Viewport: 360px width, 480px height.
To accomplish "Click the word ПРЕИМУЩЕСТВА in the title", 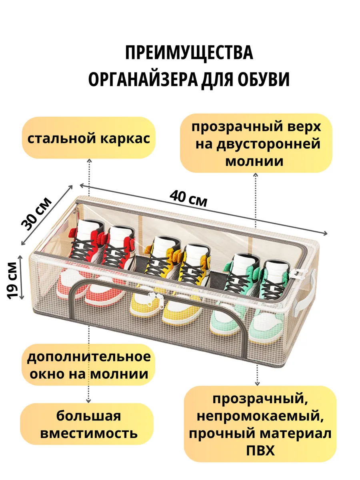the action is [x=189, y=53].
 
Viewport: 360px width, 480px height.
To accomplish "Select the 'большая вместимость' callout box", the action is [x=88, y=424].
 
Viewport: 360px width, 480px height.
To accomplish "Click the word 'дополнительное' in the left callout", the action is [x=89, y=357].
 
